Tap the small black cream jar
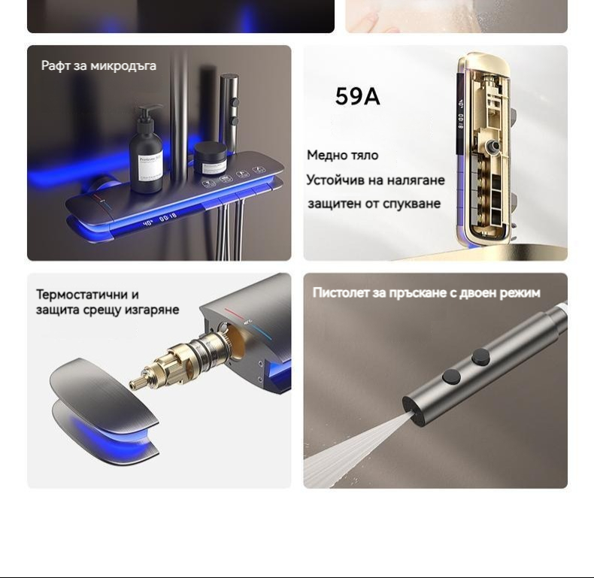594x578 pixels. point(211,158)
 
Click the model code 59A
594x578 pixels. point(357,96)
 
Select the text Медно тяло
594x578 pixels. point(342,156)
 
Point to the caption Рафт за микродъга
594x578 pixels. point(98,65)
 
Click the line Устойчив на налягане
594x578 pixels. point(375,180)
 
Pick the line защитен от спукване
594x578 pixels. point(374,204)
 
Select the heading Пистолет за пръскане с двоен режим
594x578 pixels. point(426,293)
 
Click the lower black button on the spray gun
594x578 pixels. point(452,377)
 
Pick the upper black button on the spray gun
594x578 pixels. point(480,357)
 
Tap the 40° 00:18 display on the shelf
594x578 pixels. point(159,219)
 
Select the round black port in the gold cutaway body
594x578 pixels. point(493,146)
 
